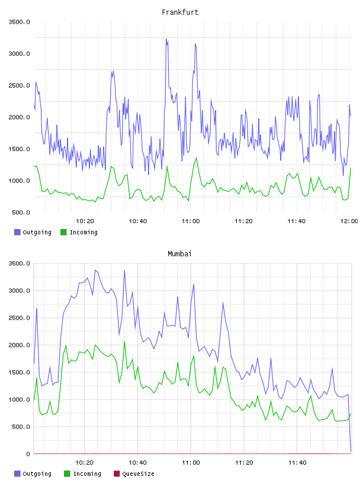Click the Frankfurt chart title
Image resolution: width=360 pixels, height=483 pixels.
pyautogui.click(x=180, y=12)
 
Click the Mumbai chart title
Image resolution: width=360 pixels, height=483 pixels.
pyautogui.click(x=179, y=254)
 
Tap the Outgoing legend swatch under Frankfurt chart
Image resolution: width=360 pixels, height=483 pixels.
pyautogui.click(x=17, y=232)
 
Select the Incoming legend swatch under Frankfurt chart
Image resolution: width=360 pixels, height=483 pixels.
pyautogui.click(x=63, y=232)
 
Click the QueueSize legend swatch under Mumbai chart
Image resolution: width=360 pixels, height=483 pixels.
pyautogui.click(x=117, y=474)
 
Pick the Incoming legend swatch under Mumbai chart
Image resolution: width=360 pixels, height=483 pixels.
pyautogui.click(x=67, y=474)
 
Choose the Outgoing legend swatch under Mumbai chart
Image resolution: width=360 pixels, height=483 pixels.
pyautogui.click(x=17, y=474)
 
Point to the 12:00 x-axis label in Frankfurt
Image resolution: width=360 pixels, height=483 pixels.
pyautogui.click(x=349, y=221)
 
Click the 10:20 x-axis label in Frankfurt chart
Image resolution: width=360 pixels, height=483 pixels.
pyautogui.click(x=85, y=221)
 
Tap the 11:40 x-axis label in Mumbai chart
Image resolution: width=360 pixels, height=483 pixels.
pyautogui.click(x=297, y=463)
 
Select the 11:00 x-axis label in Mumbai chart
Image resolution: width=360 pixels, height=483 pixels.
pyautogui.click(x=191, y=463)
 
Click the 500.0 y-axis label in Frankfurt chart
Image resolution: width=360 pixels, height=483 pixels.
pyautogui.click(x=21, y=212)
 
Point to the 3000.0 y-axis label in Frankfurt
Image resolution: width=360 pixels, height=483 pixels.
pyautogui.click(x=20, y=54)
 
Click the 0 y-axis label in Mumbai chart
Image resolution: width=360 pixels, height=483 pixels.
pyautogui.click(x=28, y=454)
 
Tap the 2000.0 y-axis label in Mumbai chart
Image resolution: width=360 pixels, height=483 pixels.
pyautogui.click(x=20, y=345)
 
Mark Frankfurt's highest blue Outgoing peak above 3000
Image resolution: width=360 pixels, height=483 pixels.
pyautogui.click(x=166, y=39)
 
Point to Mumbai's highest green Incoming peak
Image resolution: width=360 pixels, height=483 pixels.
pyautogui.click(x=124, y=342)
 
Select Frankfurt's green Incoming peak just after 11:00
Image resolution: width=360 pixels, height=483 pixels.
pyautogui.click(x=197, y=157)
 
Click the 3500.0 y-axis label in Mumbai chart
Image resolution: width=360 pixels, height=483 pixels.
pyautogui.click(x=20, y=263)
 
